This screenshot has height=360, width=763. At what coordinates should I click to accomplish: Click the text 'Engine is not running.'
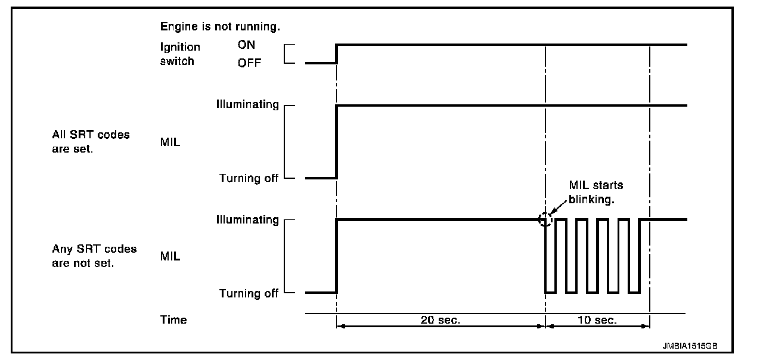220,27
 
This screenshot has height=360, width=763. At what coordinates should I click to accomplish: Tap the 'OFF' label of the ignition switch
250,63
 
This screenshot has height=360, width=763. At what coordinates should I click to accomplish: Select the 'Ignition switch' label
180,54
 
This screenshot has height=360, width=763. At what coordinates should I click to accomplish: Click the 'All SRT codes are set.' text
91,142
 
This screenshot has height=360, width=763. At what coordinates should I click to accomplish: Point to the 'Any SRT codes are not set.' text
94,256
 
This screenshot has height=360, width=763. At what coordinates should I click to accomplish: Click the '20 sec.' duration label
441,320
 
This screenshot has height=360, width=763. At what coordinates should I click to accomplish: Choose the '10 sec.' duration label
597,320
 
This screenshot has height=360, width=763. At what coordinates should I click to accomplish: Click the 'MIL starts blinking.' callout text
595,192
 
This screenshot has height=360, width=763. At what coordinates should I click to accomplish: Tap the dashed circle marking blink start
545,219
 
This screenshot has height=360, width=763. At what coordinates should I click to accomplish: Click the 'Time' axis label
173,320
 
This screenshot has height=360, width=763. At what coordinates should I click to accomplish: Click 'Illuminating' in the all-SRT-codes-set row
247,105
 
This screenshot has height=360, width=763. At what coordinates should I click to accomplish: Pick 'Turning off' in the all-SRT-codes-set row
249,178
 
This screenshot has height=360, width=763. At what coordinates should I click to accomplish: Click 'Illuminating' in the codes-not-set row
247,219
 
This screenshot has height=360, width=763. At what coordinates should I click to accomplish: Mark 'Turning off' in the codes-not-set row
249,293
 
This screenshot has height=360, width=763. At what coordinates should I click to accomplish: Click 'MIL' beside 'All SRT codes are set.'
170,142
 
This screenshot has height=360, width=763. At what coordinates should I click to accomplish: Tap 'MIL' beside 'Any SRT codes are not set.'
170,257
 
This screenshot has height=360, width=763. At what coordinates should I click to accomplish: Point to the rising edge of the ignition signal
337,54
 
